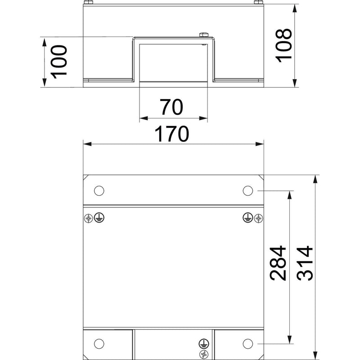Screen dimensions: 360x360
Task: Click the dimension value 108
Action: tap(284, 46)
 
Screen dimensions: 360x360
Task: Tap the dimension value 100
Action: tap(59, 62)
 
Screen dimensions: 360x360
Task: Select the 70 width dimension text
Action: tap(172, 107)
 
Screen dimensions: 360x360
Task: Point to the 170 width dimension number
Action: tap(172, 134)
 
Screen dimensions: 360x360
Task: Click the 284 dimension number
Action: tap(278, 263)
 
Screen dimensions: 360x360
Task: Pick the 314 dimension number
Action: tap(305, 263)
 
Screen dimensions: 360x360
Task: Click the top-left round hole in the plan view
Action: tap(99, 190)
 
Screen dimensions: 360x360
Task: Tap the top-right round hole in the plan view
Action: tap(248, 190)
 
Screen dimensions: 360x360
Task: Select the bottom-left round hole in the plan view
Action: tap(99, 343)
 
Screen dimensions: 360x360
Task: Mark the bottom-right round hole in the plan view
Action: tap(248, 343)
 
